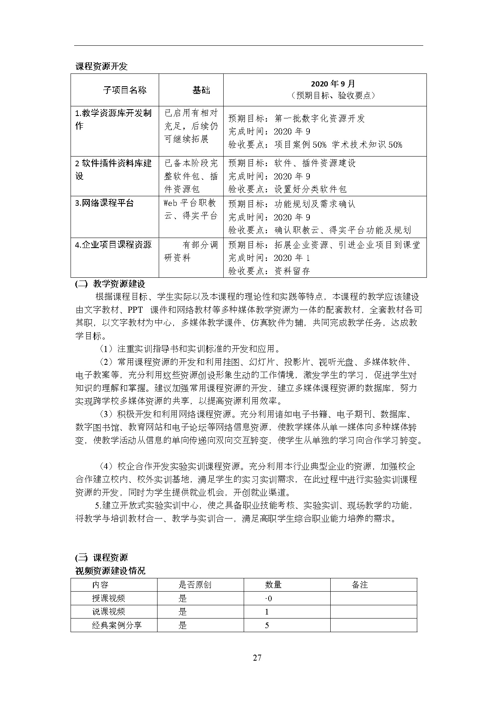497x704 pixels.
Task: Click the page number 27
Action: click(x=257, y=657)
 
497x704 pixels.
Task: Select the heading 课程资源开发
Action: click(x=101, y=67)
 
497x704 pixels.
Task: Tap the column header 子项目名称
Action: click(x=125, y=90)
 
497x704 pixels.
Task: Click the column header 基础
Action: click(x=201, y=90)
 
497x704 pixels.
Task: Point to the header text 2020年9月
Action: click(x=333, y=84)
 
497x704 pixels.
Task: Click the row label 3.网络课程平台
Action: click(x=105, y=203)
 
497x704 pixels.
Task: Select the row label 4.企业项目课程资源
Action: click(x=113, y=244)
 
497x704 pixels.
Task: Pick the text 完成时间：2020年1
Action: click(x=269, y=258)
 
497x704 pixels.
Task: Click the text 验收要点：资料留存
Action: click(x=269, y=271)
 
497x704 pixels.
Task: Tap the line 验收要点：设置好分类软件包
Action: click(x=287, y=189)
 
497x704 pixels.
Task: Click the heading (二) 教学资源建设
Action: click(x=110, y=284)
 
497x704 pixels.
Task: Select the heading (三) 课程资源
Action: click(x=101, y=557)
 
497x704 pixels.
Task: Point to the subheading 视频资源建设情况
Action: click(x=110, y=570)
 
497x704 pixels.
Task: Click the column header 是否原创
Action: click(x=195, y=585)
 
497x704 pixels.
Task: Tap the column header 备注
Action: click(x=360, y=585)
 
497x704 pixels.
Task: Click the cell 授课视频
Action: click(x=109, y=598)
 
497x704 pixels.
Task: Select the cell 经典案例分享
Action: click(x=117, y=625)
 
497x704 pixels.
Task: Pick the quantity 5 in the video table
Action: click(x=267, y=625)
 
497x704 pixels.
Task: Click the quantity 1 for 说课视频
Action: click(x=267, y=612)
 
